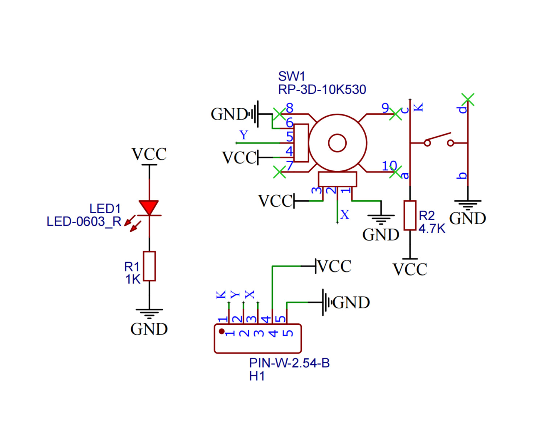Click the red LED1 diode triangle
point(149,207)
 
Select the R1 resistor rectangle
point(149,266)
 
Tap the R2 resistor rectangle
point(410,215)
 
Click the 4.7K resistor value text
point(432,229)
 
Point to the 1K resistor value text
point(133,279)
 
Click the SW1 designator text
point(292,76)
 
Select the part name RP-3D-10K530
point(322,89)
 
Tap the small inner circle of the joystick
point(337,143)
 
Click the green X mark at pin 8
point(279,114)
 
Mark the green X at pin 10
point(395,172)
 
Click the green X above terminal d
point(468,99)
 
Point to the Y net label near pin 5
point(244,135)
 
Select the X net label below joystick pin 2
point(345,215)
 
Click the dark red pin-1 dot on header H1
point(222,331)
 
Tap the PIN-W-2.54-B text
point(289,363)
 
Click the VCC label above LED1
point(149,154)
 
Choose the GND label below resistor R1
point(149,329)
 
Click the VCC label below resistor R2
point(410,270)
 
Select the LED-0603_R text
point(84,222)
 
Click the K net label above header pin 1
point(221,294)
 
